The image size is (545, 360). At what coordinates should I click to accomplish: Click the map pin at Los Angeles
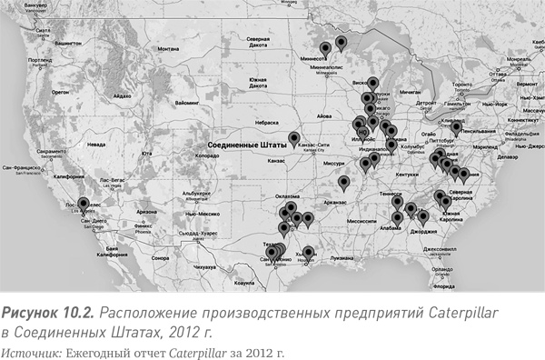point(84,205)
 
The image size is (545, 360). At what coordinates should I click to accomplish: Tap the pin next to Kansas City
point(293,139)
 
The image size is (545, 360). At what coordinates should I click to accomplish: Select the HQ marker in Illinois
point(362,131)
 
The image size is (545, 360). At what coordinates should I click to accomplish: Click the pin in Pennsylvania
point(455,128)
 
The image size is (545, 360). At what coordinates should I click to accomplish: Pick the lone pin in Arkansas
point(342,182)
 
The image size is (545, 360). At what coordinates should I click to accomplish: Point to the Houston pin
point(308,253)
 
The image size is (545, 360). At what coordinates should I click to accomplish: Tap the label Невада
point(96,144)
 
